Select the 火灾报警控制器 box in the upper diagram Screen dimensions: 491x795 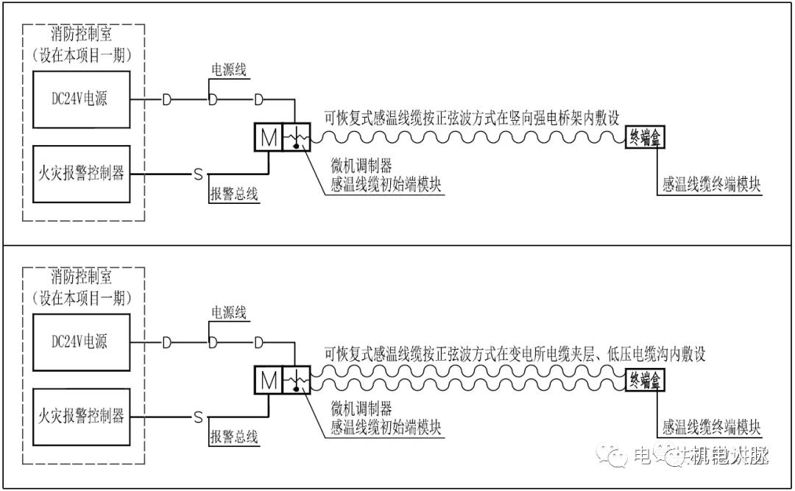tap(82, 174)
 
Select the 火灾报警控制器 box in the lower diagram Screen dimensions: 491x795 tap(82, 417)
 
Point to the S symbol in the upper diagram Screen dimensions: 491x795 tap(197, 174)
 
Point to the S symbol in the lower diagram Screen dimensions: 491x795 tap(197, 417)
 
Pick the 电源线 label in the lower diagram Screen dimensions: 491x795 tap(229, 313)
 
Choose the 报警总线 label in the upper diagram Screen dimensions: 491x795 tap(234, 194)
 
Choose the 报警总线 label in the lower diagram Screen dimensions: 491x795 tap(234, 437)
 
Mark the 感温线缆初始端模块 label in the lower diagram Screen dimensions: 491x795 tap(386, 427)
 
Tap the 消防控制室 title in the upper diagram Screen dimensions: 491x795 tap(82, 34)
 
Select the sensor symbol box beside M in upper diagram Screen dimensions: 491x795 tap(296, 137)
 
